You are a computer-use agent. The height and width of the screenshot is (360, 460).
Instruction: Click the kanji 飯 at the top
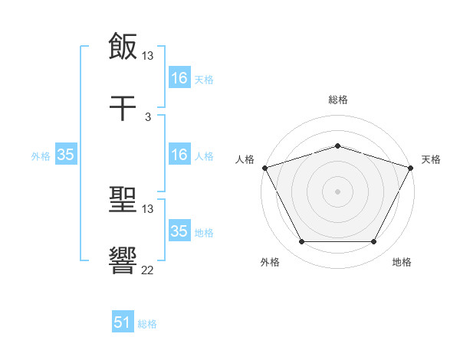[x=123, y=47]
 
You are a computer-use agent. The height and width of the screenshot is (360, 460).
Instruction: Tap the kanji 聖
[x=123, y=199]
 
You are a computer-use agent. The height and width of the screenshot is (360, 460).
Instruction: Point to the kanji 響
[x=123, y=260]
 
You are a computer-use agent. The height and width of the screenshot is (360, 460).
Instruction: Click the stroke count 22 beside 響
[x=147, y=269]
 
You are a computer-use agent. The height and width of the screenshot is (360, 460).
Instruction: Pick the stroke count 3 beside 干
[x=148, y=116]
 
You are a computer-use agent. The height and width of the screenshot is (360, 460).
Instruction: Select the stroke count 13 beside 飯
[x=148, y=55]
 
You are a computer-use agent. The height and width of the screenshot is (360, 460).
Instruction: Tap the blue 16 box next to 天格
[x=179, y=78]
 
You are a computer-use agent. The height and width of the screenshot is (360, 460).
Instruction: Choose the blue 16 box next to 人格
[x=179, y=155]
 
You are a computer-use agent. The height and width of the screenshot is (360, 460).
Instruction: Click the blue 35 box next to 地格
[x=179, y=231]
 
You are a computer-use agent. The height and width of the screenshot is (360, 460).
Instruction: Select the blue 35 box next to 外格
[x=66, y=155]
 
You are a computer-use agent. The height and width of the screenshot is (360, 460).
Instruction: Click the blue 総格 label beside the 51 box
[x=147, y=324]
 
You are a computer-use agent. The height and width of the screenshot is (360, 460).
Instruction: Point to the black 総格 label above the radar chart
[x=338, y=100]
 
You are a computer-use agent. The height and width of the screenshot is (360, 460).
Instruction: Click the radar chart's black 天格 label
[x=431, y=159]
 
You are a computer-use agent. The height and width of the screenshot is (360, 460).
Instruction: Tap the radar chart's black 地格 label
[x=402, y=262]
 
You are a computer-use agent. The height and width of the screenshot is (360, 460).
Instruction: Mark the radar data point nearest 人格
[x=264, y=168]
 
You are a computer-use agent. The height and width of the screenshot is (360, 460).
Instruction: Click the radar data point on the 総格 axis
[x=338, y=146]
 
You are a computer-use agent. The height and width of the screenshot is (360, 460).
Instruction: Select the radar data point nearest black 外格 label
[x=301, y=242]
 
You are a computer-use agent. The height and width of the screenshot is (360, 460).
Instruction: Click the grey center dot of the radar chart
[x=338, y=191]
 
